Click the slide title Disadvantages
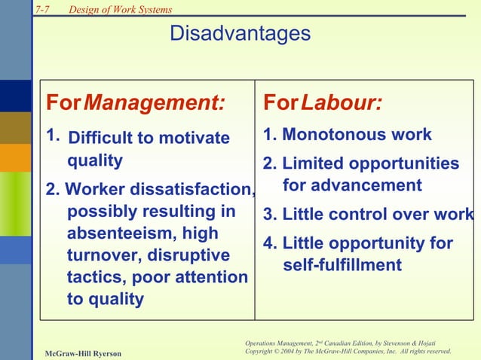(240, 34)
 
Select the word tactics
(94, 277)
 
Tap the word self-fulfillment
(342, 266)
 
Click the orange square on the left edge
(15, 157)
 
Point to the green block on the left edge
(15, 203)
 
